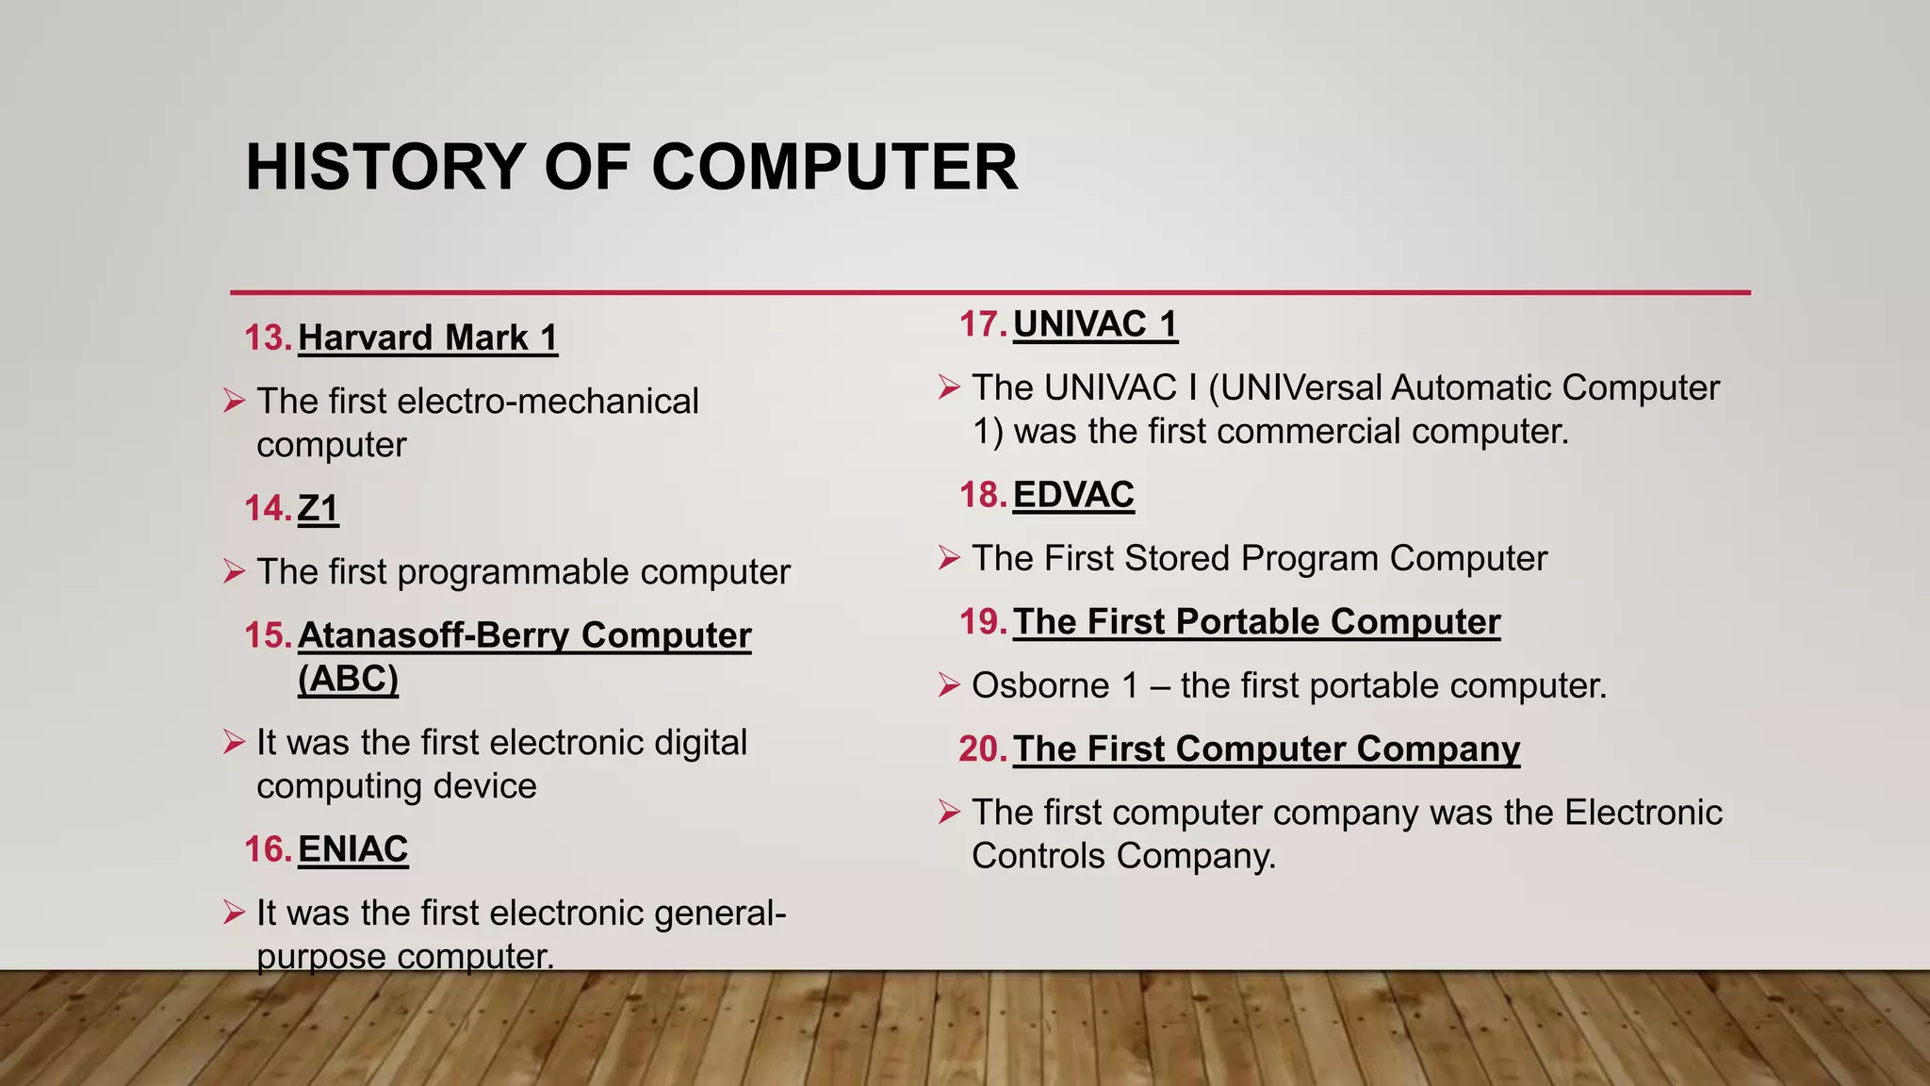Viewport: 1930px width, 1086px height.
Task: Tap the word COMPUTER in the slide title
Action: [834, 167]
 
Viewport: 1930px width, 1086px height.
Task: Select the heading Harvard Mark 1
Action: [428, 337]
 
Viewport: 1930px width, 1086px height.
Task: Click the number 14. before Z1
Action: [268, 508]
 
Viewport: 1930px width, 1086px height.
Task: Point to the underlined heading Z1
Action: [318, 508]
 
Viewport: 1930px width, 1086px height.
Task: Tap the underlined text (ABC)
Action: [348, 678]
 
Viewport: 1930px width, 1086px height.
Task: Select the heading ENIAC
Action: [352, 848]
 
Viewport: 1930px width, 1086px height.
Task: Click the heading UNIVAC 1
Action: [1095, 324]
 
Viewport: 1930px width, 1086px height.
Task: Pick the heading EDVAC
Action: [1073, 495]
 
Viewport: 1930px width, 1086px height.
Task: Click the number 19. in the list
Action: [983, 622]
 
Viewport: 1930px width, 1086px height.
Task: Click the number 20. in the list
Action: [983, 749]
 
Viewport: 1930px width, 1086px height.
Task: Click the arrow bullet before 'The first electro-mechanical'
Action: [234, 402]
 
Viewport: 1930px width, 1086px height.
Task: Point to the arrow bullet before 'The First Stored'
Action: [949, 558]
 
